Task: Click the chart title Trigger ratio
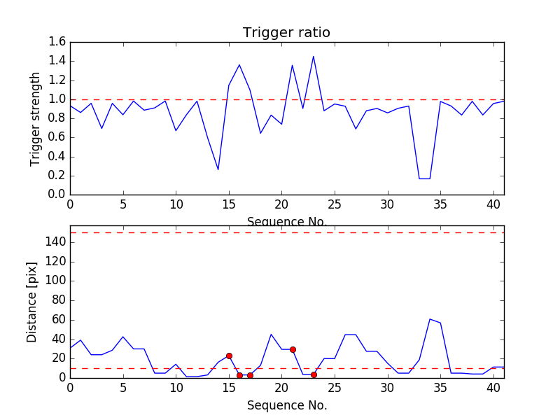coord(286,33)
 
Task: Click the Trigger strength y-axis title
coord(36,118)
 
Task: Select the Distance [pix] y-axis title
coord(32,302)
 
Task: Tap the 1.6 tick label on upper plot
coord(57,42)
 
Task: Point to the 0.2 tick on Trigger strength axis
coord(57,176)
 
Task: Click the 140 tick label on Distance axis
coord(55,242)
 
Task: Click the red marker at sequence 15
coord(229,356)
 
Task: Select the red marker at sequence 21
coord(293,349)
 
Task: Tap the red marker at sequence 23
coord(314,374)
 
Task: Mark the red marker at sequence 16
coord(239,375)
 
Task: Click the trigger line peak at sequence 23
coord(314,57)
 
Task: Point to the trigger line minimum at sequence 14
coord(218,169)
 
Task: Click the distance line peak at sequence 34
coord(430,319)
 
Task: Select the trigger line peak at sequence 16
coord(239,65)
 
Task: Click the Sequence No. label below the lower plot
coord(287,405)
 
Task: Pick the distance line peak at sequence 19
coord(271,334)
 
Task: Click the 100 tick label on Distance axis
coord(55,281)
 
